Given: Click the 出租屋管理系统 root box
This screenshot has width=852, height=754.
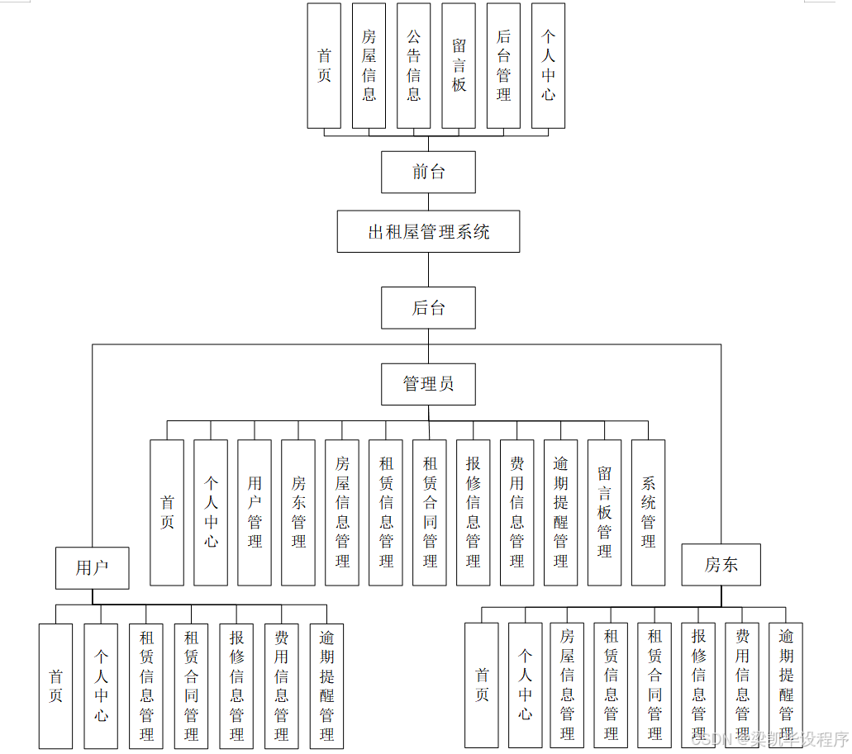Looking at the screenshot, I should [x=428, y=231].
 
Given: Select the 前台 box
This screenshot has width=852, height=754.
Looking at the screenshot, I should [x=428, y=172].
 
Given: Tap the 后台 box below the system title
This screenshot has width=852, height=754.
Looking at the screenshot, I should [x=428, y=308].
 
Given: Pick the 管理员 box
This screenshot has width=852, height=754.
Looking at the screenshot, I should [x=428, y=384].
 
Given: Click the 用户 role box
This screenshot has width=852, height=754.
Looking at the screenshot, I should [x=92, y=567].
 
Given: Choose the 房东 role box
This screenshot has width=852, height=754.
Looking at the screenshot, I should [x=721, y=565].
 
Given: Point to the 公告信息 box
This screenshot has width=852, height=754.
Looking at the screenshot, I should [x=413, y=66].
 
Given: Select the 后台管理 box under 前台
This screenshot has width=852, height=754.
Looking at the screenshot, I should [x=503, y=66].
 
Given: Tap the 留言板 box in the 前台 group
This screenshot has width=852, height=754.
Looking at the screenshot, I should [x=459, y=66].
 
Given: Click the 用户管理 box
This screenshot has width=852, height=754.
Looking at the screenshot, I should [x=255, y=512].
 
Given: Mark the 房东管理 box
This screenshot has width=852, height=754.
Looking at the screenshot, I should [x=298, y=512].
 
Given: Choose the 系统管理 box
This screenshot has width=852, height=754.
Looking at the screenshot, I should [x=648, y=512].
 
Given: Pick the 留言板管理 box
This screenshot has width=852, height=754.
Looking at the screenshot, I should [x=604, y=512].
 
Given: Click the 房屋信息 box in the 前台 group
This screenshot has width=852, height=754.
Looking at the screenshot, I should [x=369, y=66].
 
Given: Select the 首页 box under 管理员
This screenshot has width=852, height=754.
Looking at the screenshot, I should [x=167, y=512].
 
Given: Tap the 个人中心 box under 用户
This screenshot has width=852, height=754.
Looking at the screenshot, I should [x=101, y=686].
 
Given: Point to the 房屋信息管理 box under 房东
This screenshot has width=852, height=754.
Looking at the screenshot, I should [x=567, y=685].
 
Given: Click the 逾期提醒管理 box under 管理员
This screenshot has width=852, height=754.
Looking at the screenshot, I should [x=560, y=512].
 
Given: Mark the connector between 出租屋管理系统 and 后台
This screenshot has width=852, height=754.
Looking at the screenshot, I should [x=428, y=269].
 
